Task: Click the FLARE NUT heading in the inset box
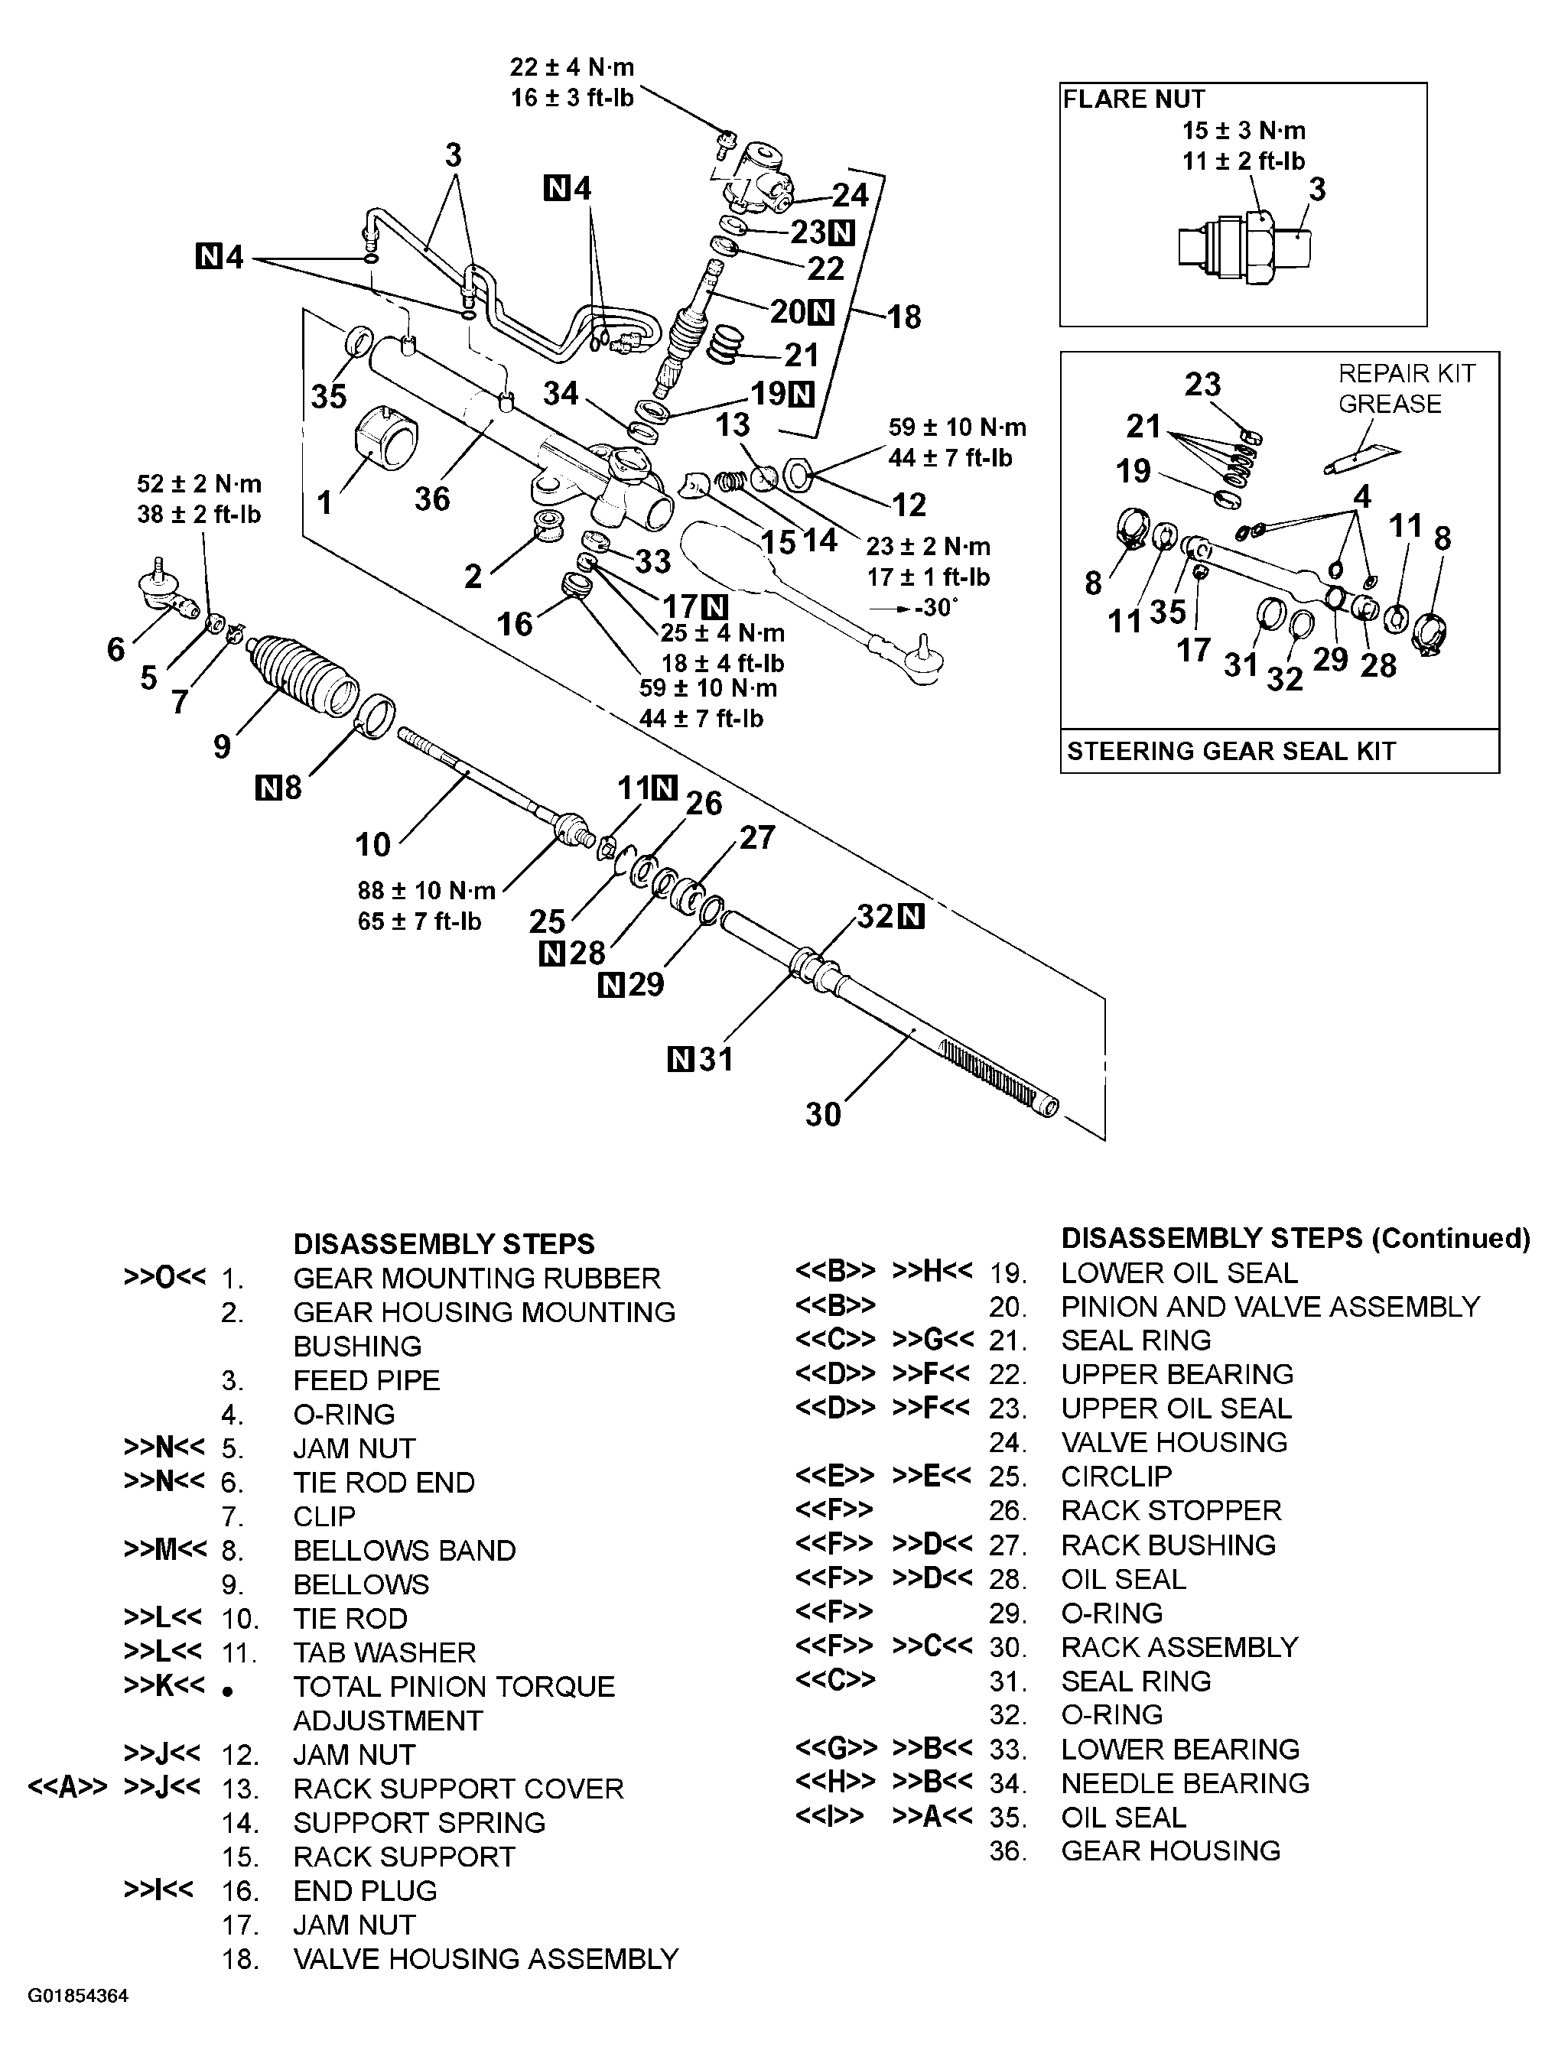[x=1134, y=99]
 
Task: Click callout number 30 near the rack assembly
[x=823, y=1114]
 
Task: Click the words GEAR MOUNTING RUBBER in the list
[x=476, y=1278]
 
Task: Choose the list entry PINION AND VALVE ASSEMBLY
[x=1270, y=1307]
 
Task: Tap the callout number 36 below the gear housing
[x=432, y=499]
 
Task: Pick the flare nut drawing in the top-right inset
[x=1245, y=248]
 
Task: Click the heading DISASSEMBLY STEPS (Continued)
[x=1294, y=1239]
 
